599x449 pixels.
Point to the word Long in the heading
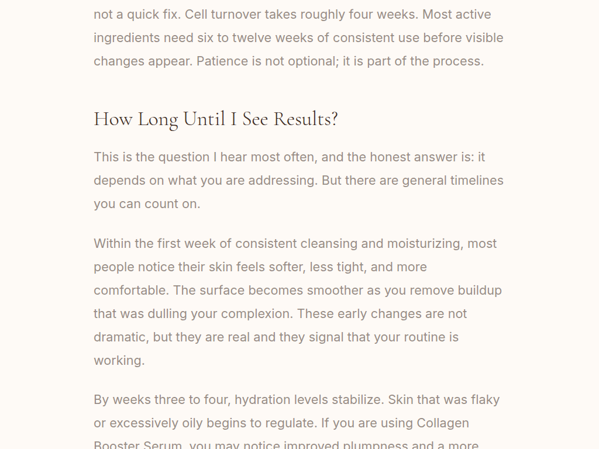[157, 119]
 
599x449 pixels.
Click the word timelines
[476, 181]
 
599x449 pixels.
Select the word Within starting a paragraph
[113, 244]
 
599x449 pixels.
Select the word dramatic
[119, 337]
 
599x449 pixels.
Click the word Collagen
[443, 423]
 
